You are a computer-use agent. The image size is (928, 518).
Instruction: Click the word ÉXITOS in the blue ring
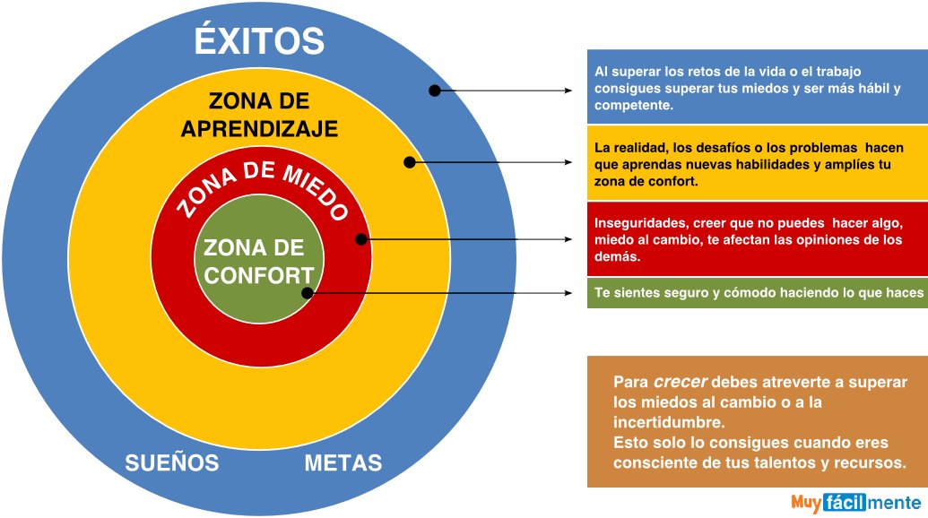[259, 41]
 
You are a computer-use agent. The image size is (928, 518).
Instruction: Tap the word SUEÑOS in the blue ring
[172, 463]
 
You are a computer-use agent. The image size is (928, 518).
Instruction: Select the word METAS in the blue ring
[343, 463]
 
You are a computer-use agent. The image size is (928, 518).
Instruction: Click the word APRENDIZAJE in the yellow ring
[259, 129]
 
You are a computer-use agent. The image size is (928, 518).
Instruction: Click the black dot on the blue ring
[434, 91]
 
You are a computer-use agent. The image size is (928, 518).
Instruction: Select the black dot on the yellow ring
[409, 162]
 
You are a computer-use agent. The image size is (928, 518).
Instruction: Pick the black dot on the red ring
[360, 239]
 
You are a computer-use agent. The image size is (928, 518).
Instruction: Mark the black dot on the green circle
[307, 293]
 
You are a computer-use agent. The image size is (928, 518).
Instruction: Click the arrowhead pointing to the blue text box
[568, 91]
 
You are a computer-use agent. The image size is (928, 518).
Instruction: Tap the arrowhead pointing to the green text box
[568, 293]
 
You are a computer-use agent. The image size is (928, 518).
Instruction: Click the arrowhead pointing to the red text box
[568, 239]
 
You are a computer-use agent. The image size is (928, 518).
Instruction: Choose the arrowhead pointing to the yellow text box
[568, 162]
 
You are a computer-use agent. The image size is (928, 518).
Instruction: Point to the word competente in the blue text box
[633, 106]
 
